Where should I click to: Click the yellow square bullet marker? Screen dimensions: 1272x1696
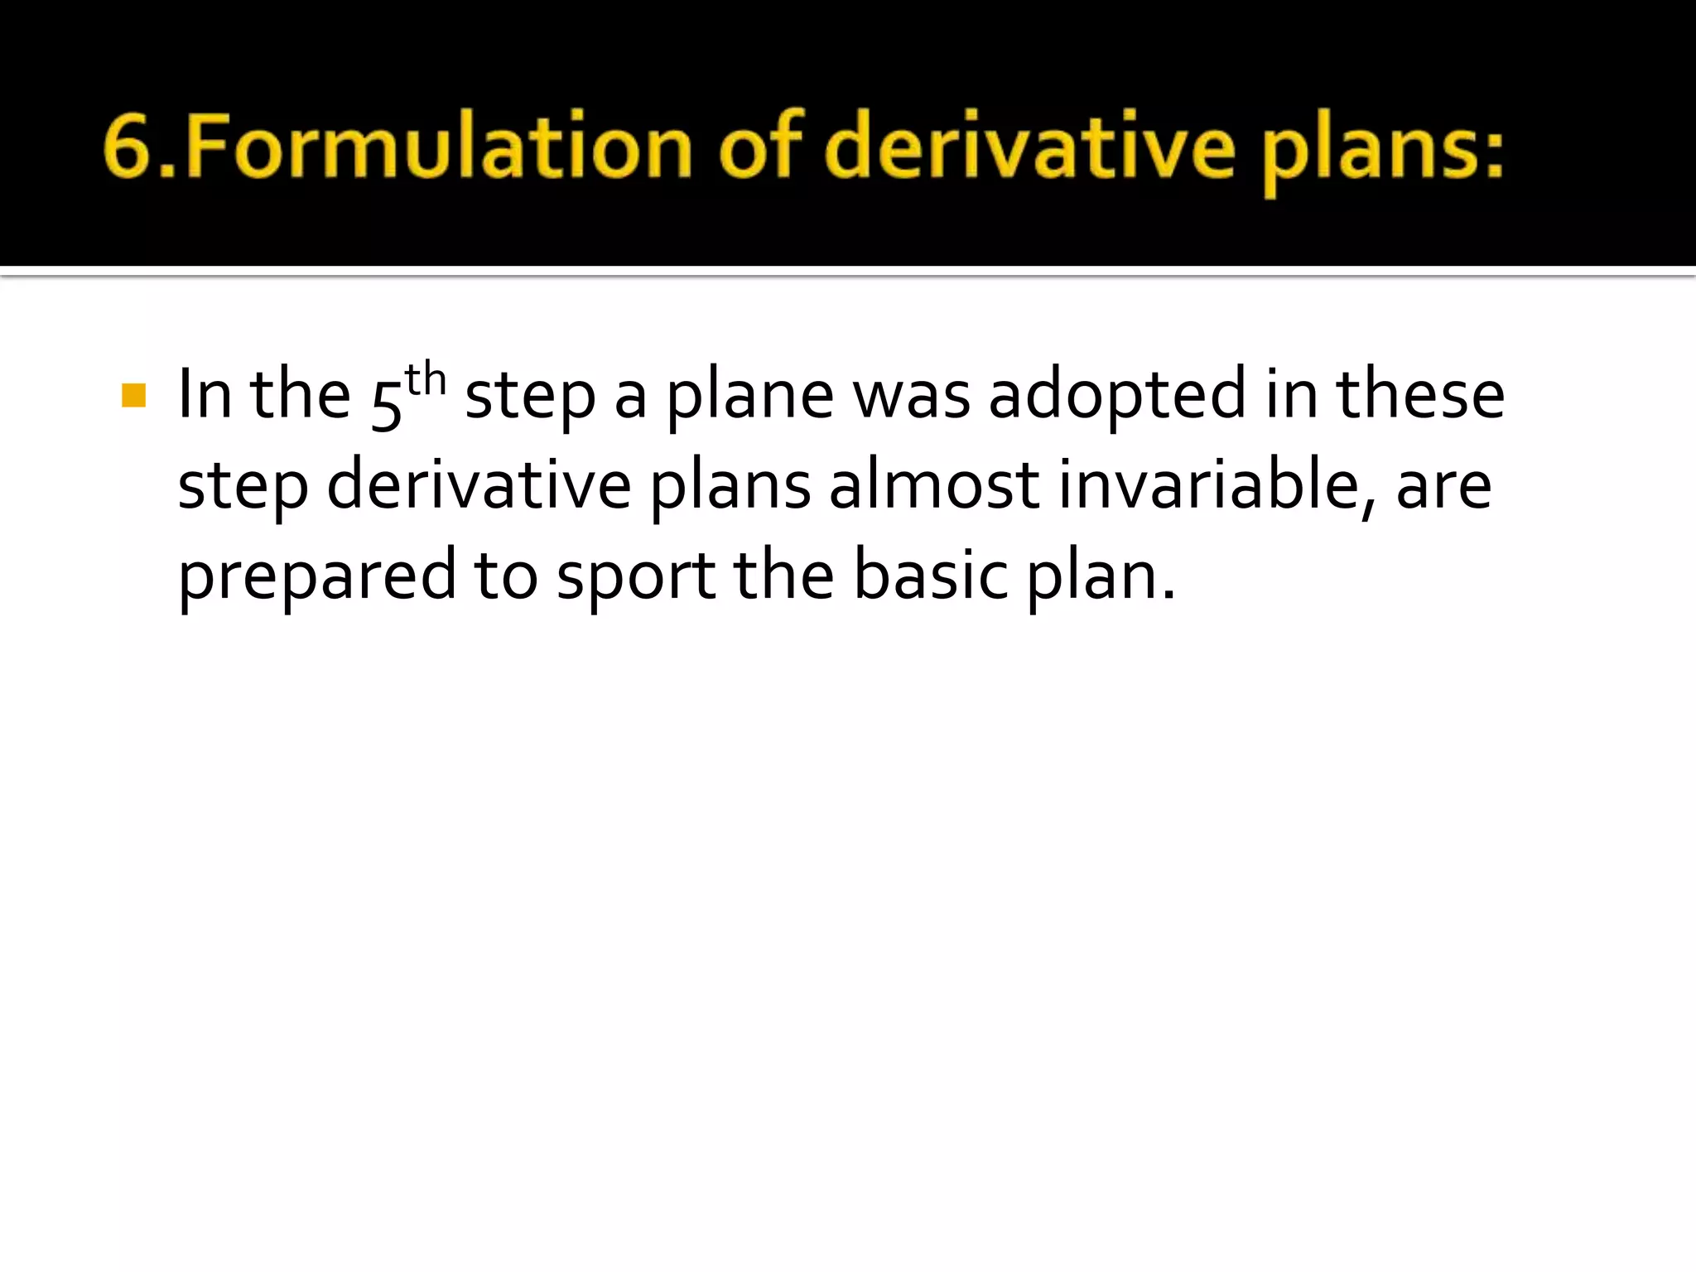pos(133,395)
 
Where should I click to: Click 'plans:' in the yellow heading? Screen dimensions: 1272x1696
pos(1382,153)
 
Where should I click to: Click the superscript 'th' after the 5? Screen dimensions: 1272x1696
pos(426,380)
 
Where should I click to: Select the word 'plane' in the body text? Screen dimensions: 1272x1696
pos(750,397)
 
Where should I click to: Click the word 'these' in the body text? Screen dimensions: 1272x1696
pos(1420,395)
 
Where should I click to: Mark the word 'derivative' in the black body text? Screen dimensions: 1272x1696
pos(479,486)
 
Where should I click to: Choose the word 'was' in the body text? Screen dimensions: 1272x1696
pos(912,397)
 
